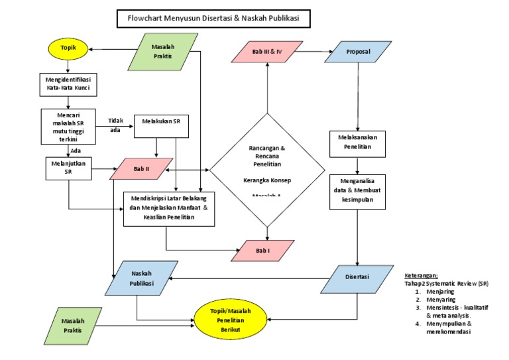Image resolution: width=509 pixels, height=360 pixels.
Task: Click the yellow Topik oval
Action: tap(68, 48)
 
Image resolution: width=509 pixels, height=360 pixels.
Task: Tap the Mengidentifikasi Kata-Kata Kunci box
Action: tap(68, 84)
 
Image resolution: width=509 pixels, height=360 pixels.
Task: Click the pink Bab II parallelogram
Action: tap(142, 169)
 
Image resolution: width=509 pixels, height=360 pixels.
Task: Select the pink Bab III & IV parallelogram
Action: tap(267, 52)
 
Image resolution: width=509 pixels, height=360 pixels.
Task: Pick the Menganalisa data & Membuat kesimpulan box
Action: tap(358, 191)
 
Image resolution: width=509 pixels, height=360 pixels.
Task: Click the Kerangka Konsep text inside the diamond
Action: tap(267, 180)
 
